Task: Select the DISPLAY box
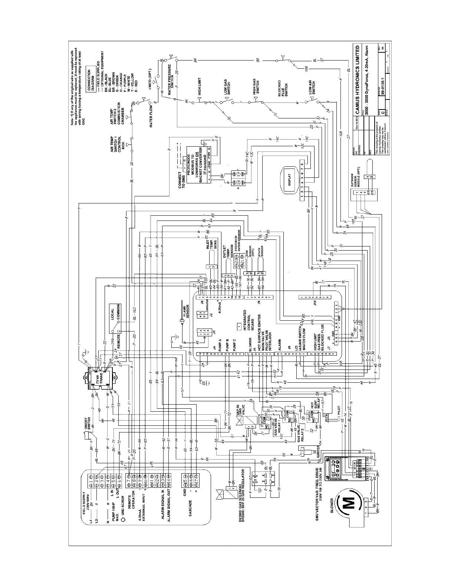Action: pos(289,179)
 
